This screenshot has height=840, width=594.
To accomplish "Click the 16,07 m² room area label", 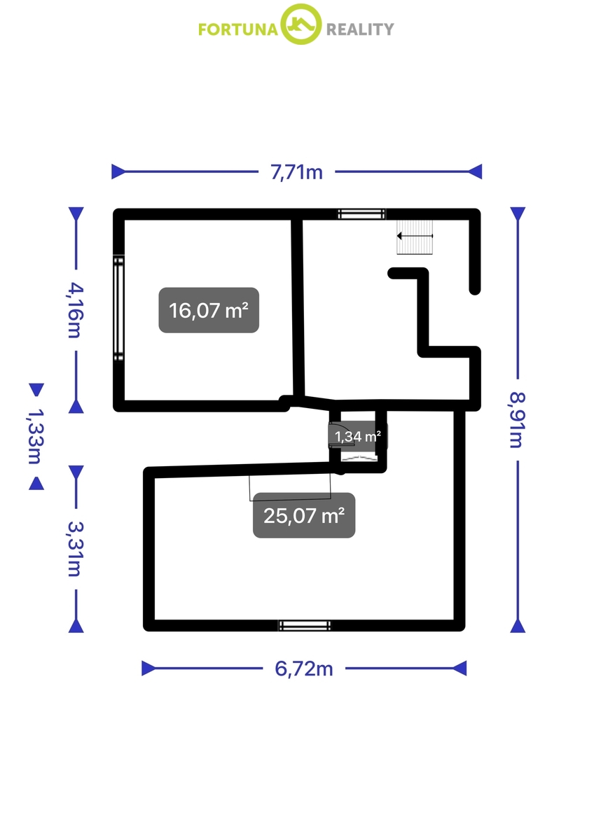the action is [x=209, y=310].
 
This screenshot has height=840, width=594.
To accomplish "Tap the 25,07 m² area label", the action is [x=304, y=516].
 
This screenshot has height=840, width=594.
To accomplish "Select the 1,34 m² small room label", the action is [x=358, y=437].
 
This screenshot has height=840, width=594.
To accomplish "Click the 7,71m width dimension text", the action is [x=296, y=172].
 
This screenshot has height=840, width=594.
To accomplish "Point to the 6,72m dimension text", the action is [x=304, y=668].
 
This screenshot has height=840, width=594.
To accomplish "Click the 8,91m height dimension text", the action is [x=518, y=420].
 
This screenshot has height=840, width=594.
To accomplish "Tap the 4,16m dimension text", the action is [x=76, y=311].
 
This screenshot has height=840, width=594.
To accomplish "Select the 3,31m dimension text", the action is [x=76, y=549].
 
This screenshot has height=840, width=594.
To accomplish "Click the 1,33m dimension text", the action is [x=36, y=436].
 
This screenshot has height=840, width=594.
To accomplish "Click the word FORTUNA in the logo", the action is [x=238, y=29].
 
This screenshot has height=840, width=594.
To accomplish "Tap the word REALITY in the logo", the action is [x=360, y=29].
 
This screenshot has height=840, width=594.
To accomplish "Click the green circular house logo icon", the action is [x=301, y=24].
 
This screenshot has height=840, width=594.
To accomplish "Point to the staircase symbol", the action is [x=415, y=237].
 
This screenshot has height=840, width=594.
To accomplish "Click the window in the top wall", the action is [x=361, y=214].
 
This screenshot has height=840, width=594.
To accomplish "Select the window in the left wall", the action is [x=118, y=308].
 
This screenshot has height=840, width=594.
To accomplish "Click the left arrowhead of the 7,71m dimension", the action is [x=118, y=171].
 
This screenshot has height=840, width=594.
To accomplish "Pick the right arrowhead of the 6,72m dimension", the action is [x=460, y=668].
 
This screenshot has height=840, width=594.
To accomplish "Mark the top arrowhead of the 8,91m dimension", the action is [x=518, y=213].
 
